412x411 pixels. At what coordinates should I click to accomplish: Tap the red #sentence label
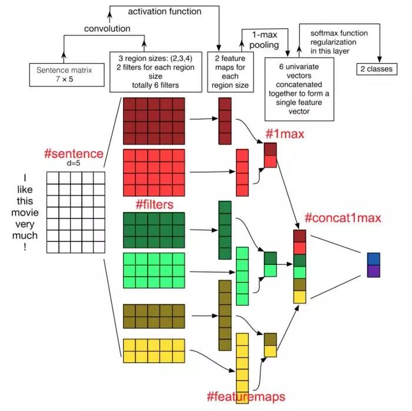74,154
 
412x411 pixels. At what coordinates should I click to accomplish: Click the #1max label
285,134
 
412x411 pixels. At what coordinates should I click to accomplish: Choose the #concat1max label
343,218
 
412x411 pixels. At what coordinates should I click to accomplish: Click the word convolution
107,29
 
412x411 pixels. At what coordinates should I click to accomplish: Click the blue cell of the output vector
374,258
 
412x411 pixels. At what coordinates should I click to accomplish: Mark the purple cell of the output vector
374,271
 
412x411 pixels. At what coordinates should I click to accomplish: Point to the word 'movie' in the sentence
25,211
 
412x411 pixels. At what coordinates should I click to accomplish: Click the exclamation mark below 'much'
25,248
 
